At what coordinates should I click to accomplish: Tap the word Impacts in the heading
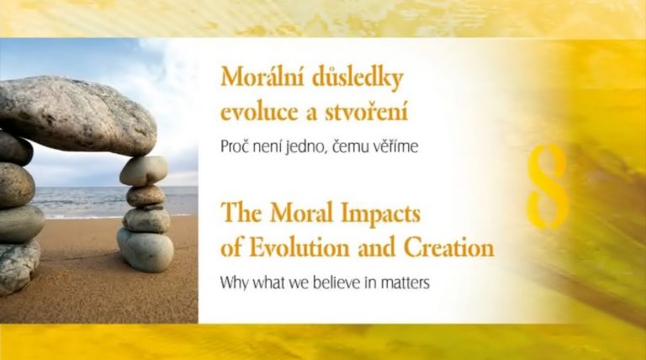point(380,214)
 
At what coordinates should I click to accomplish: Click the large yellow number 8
point(548,186)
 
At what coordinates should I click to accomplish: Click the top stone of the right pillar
point(144,170)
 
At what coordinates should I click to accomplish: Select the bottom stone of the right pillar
point(146,250)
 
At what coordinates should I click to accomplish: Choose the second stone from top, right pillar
point(146,196)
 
